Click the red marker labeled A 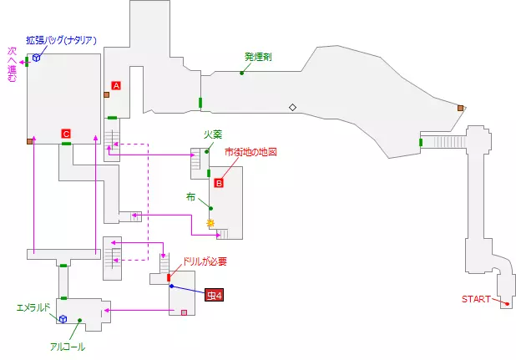pyautogui.click(x=116, y=85)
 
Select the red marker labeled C pyautogui.click(x=66, y=133)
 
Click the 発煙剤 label pyautogui.click(x=258, y=57)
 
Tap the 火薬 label pyautogui.click(x=212, y=134)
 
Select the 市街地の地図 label pyautogui.click(x=250, y=152)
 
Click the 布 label pyautogui.click(x=191, y=197)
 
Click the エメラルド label pyautogui.click(x=36, y=307)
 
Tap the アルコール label pyautogui.click(x=67, y=346)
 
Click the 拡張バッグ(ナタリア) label pyautogui.click(x=62, y=39)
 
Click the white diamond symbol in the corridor pyautogui.click(x=292, y=107)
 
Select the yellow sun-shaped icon pyautogui.click(x=210, y=223)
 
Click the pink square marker pyautogui.click(x=184, y=312)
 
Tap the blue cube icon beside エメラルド pyautogui.click(x=62, y=317)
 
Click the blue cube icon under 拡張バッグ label pyautogui.click(x=36, y=58)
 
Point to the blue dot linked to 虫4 pyautogui.click(x=171, y=286)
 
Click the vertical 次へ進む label pyautogui.click(x=12, y=65)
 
